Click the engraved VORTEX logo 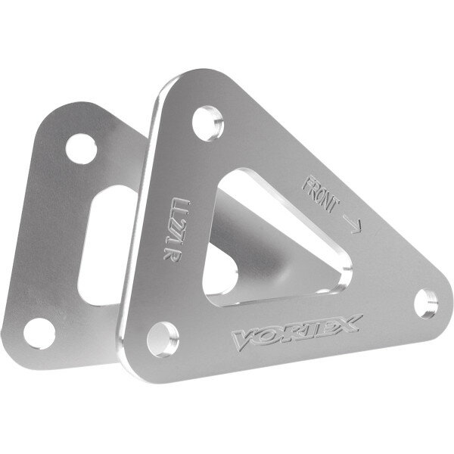297,333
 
